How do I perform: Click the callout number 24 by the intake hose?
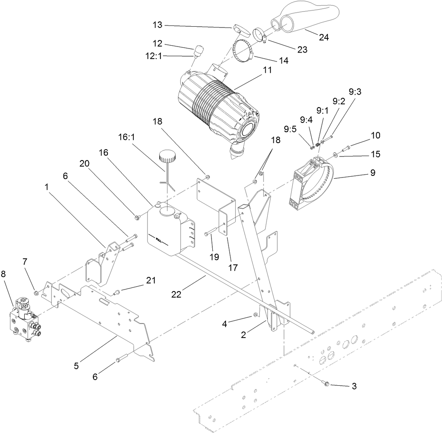[x=324, y=38]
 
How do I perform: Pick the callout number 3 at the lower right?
[x=354, y=386]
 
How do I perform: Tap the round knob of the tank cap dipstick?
[x=166, y=155]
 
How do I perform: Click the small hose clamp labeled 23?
[x=259, y=34]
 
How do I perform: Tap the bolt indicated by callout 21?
[x=117, y=291]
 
